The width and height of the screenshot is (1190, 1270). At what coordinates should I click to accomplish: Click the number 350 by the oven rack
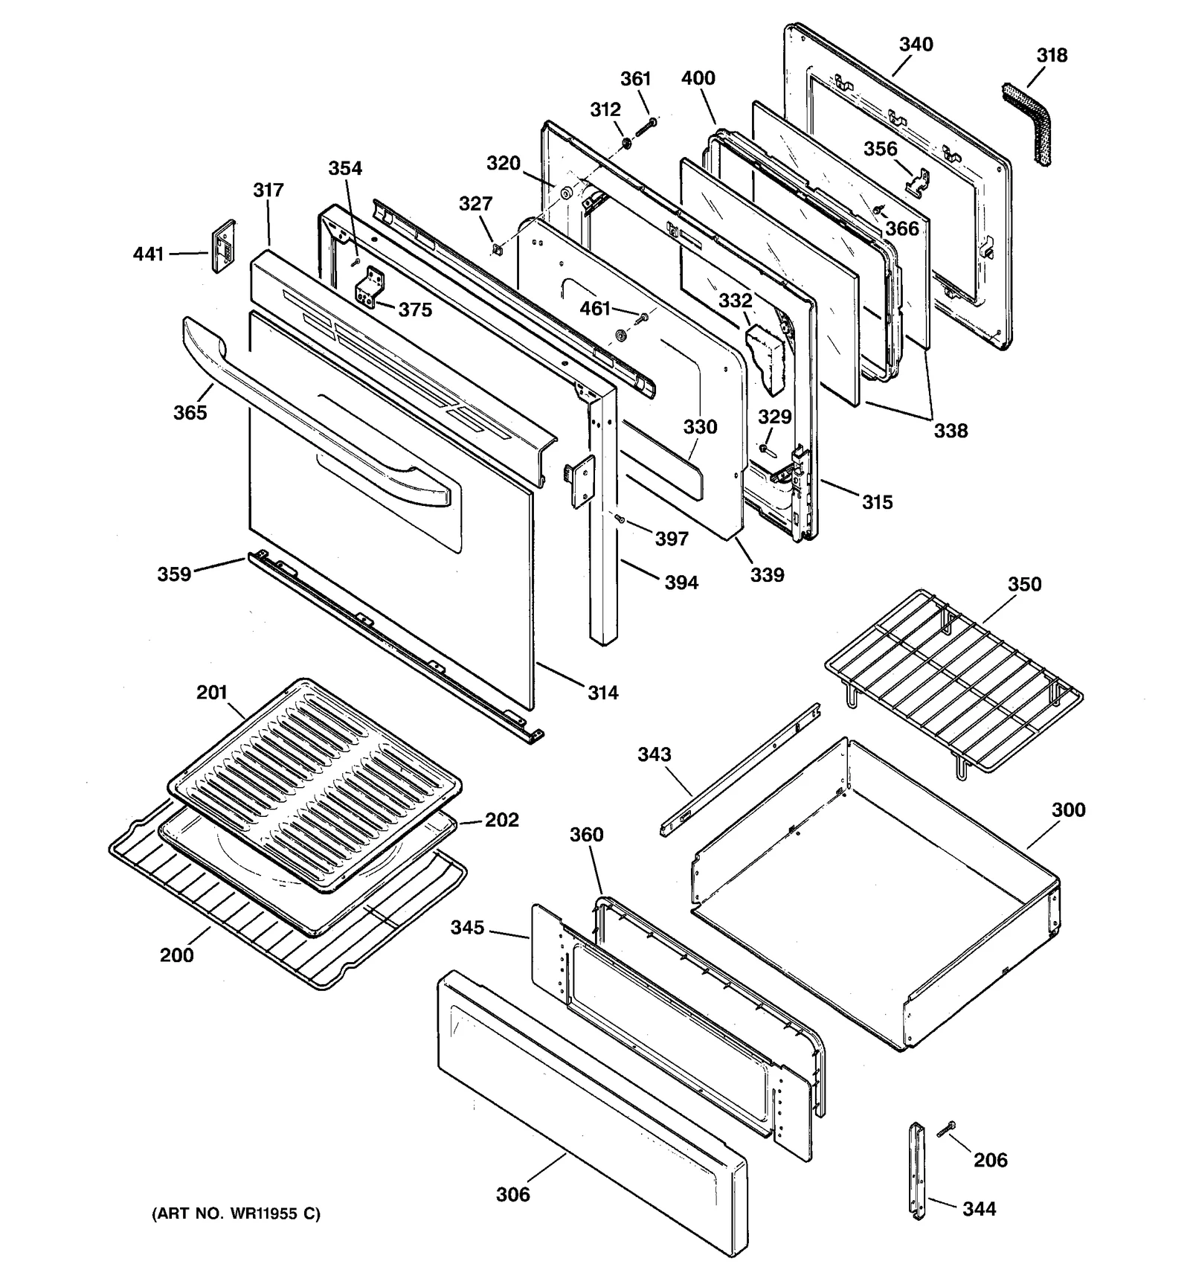pyautogui.click(x=1024, y=584)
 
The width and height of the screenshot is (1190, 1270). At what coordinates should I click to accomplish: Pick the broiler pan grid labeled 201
pyautogui.click(x=312, y=781)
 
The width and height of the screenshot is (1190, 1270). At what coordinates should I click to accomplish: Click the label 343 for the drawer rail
pyautogui.click(x=654, y=754)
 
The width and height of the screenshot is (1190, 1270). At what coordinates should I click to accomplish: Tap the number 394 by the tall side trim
pyautogui.click(x=681, y=583)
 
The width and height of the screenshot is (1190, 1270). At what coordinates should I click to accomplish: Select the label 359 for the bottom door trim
pyautogui.click(x=174, y=574)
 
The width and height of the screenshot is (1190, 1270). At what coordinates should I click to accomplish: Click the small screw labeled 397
pyautogui.click(x=620, y=519)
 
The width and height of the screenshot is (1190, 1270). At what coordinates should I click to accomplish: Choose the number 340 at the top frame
pyautogui.click(x=916, y=45)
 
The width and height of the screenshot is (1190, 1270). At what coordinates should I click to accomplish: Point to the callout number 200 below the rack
pyautogui.click(x=176, y=955)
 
